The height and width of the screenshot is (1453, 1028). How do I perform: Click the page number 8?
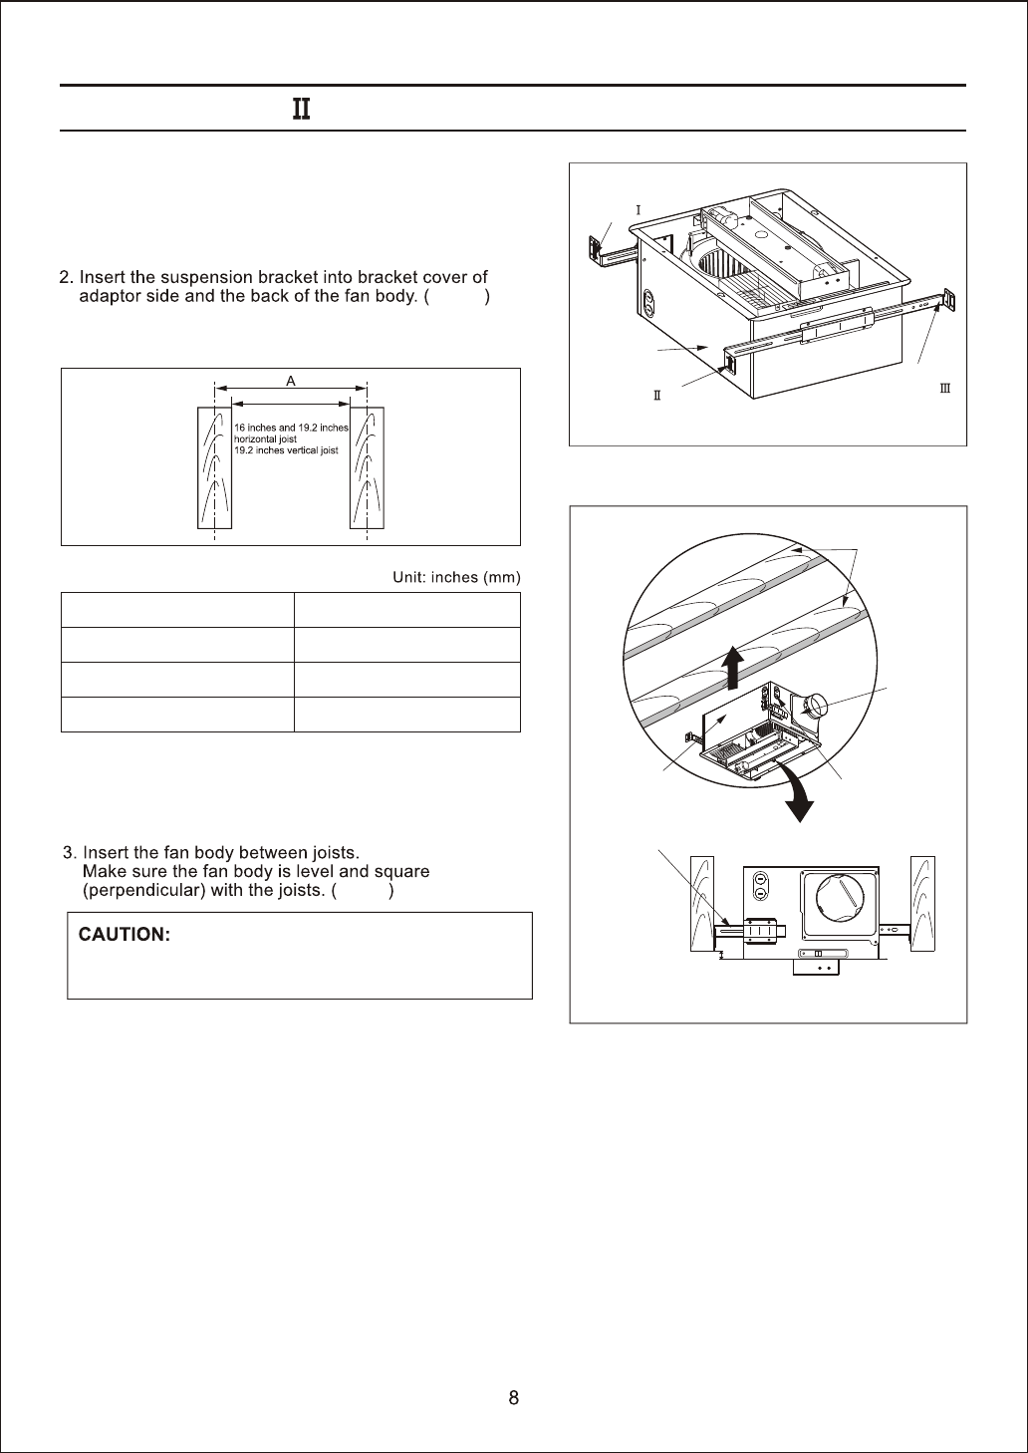[513, 1397]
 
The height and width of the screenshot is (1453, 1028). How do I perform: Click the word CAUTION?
[125, 935]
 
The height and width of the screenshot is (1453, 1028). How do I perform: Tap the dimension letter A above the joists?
[291, 381]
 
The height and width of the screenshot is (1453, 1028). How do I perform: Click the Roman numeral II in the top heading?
[301, 109]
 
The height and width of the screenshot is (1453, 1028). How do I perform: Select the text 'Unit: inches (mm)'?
[456, 578]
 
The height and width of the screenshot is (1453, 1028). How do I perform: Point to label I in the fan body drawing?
[638, 210]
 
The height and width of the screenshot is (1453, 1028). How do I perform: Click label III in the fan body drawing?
[945, 388]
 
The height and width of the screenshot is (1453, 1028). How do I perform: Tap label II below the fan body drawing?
[657, 396]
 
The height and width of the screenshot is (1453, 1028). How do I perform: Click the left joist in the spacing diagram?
[214, 467]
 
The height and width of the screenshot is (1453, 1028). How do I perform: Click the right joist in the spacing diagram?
[367, 467]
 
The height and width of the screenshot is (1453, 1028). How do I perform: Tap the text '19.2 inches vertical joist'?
[286, 450]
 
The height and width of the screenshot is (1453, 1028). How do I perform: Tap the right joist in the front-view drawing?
[922, 902]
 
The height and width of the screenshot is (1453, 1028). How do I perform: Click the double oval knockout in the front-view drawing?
[760, 887]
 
